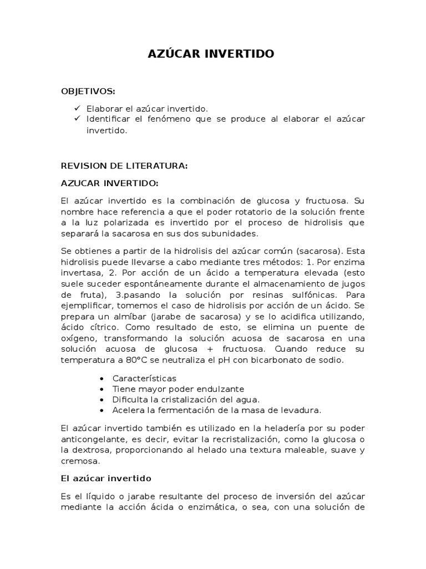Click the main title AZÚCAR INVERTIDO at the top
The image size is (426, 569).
coord(211,54)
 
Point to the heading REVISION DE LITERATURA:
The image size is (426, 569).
coord(125,166)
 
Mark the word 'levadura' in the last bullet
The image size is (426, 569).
coord(302,410)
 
